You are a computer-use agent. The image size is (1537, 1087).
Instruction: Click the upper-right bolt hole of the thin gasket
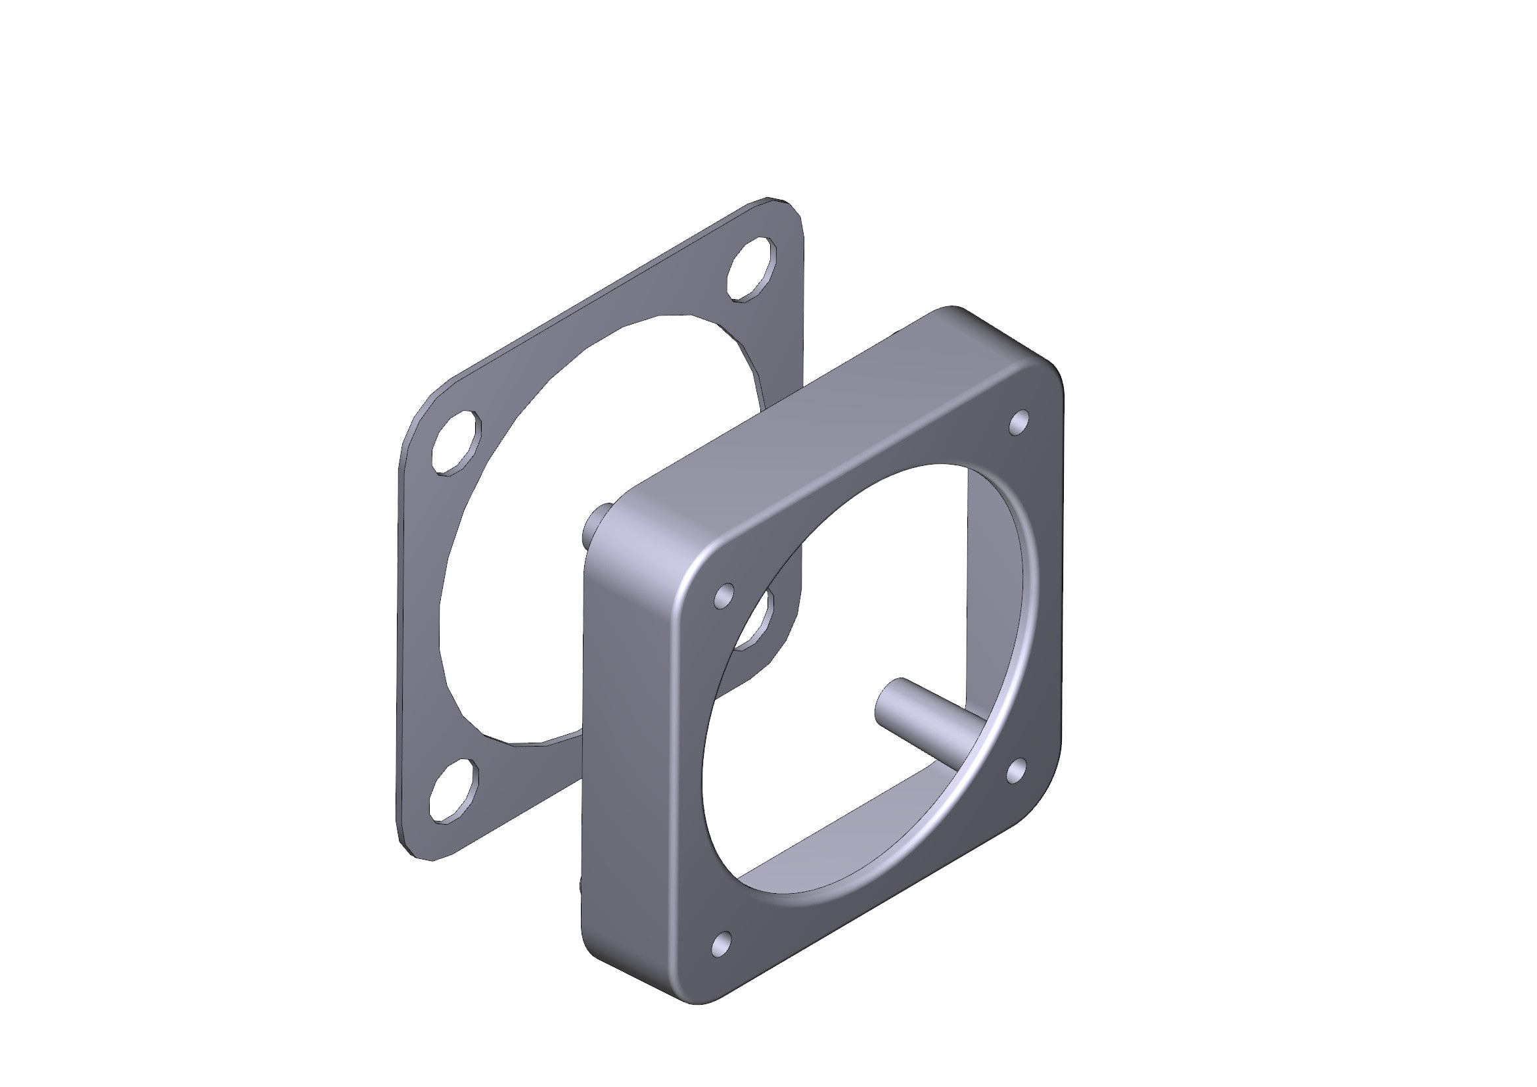[751, 268]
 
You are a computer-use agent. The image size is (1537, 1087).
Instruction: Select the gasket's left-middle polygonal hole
[457, 443]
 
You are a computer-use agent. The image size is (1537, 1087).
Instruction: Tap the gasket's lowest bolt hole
[454, 790]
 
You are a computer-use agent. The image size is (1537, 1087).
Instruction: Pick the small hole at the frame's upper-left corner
[723, 595]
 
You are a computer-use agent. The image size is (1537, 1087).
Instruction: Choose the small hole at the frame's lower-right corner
[1016, 770]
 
